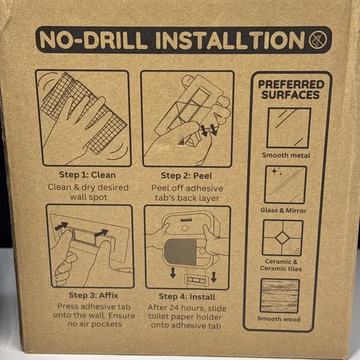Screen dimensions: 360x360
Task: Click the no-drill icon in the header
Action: coord(318,40)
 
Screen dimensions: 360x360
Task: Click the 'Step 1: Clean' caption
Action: coord(88,175)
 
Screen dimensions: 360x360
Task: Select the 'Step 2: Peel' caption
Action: coord(186,176)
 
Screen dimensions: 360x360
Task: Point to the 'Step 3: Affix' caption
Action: coord(94,295)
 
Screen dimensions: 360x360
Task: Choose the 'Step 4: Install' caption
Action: coord(187,297)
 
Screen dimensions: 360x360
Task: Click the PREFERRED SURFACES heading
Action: coord(291,89)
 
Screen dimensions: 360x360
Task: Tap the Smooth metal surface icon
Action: coord(289,128)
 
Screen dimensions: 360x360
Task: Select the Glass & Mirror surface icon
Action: coord(286,184)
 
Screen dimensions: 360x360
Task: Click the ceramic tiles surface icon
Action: coord(282,238)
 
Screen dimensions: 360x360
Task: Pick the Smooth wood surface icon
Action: coord(280,295)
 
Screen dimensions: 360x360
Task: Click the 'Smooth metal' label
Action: coord(286,155)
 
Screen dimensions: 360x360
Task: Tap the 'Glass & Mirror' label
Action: coord(283,210)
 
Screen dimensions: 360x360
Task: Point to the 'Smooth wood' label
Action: coord(279,319)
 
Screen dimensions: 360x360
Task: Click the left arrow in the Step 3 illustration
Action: coord(61,226)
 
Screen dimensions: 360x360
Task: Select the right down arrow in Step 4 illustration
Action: coord(214,277)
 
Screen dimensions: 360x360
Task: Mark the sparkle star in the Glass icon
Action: coord(274,172)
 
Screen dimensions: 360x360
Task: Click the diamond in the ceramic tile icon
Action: coord(282,238)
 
